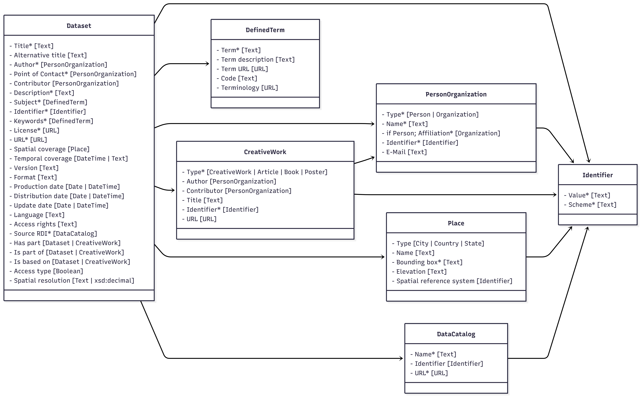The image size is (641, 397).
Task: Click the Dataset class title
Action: click(x=79, y=26)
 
